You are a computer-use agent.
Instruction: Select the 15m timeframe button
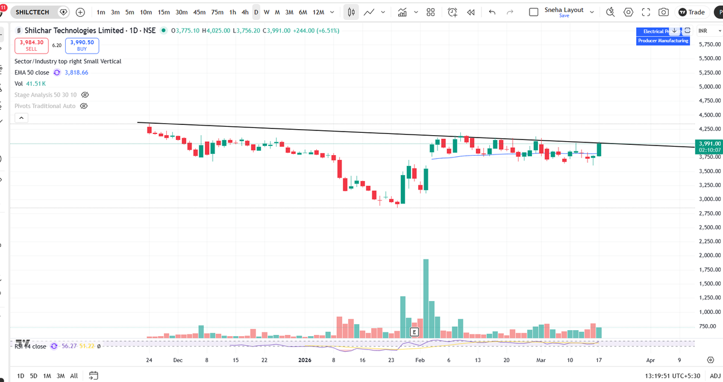click(163, 12)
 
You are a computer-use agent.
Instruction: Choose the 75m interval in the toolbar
click(218, 12)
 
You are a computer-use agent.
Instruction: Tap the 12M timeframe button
click(319, 12)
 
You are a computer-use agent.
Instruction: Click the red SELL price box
click(31, 45)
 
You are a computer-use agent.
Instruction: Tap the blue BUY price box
click(82, 45)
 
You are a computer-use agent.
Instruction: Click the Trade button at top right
click(691, 12)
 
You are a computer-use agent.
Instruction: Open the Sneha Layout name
click(564, 10)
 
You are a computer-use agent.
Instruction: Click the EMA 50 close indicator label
click(32, 72)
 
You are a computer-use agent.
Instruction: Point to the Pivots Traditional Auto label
click(45, 106)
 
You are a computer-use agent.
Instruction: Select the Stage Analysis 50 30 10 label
click(46, 95)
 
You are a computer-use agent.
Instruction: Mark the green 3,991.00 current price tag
click(709, 144)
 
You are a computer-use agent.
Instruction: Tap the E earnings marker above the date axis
click(414, 332)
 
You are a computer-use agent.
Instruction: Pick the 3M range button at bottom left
click(60, 376)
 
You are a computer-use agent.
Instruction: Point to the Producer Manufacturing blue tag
click(663, 40)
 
